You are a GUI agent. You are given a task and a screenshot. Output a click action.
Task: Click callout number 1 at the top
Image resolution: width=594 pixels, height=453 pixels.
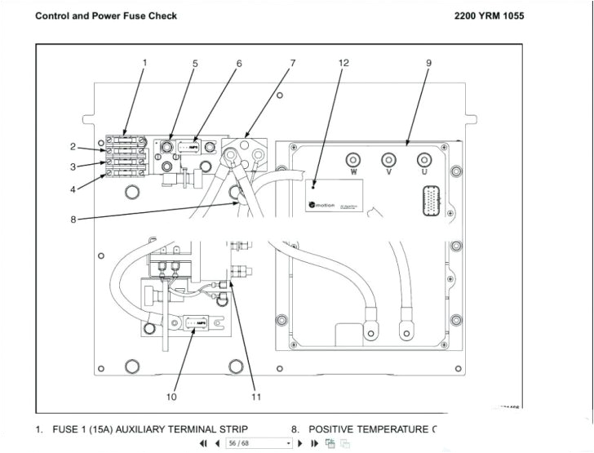click(x=145, y=63)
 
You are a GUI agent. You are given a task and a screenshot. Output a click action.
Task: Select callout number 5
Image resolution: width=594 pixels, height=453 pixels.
click(x=195, y=63)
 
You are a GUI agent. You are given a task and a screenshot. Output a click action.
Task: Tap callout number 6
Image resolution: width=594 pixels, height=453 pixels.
click(x=239, y=63)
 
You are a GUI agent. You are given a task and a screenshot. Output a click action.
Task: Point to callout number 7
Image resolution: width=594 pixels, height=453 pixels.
click(x=293, y=63)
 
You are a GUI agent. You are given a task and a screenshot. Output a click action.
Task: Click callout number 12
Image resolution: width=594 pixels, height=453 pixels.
click(x=344, y=63)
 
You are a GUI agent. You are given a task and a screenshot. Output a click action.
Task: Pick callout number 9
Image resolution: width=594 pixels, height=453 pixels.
click(x=428, y=63)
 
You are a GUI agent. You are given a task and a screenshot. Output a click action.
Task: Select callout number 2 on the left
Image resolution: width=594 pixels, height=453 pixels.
click(x=73, y=147)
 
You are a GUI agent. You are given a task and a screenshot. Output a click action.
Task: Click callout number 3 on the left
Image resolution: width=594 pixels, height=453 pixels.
click(x=73, y=167)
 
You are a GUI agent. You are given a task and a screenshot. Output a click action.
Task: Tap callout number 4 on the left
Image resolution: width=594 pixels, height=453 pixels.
click(x=73, y=190)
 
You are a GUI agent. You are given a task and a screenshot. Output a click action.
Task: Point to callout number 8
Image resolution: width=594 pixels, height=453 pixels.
click(x=73, y=219)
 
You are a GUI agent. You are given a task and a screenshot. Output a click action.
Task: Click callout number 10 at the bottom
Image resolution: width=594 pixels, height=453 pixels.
click(x=171, y=397)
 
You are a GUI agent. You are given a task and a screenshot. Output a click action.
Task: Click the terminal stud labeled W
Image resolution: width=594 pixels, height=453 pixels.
click(x=353, y=159)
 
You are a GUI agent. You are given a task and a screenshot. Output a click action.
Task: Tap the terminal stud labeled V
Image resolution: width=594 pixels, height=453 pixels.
click(x=388, y=159)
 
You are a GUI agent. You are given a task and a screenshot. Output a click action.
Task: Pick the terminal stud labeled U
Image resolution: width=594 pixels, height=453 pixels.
click(x=423, y=159)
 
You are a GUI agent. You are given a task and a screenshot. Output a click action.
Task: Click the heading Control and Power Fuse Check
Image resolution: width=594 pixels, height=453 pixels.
click(x=106, y=16)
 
